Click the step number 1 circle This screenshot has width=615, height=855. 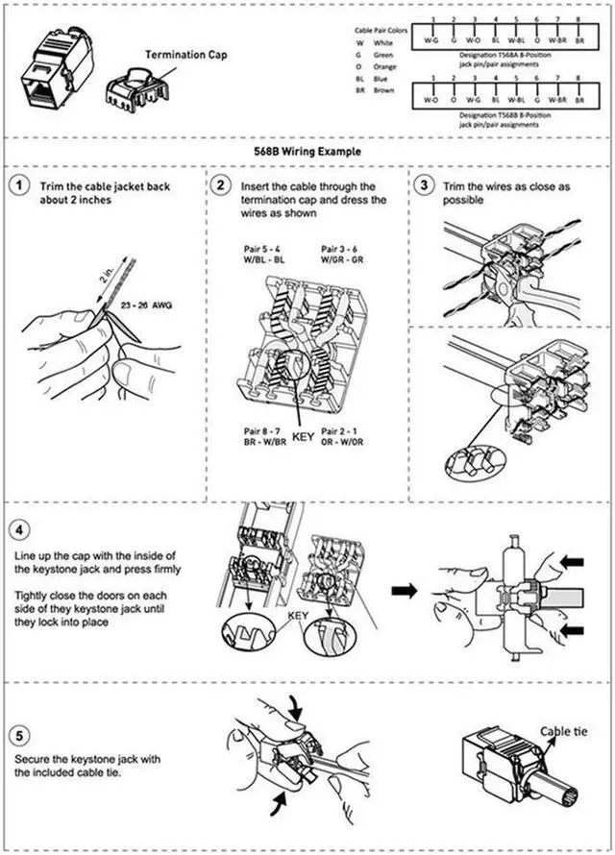pyautogui.click(x=17, y=185)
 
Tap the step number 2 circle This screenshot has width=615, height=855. pyautogui.click(x=221, y=185)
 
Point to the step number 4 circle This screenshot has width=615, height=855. pyautogui.click(x=17, y=529)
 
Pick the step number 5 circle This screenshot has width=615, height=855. pyautogui.click(x=17, y=736)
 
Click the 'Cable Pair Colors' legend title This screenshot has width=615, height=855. pyautogui.click(x=381, y=31)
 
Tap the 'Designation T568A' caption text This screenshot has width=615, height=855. pyautogui.click(x=500, y=57)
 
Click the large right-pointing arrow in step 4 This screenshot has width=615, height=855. pyautogui.click(x=405, y=591)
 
